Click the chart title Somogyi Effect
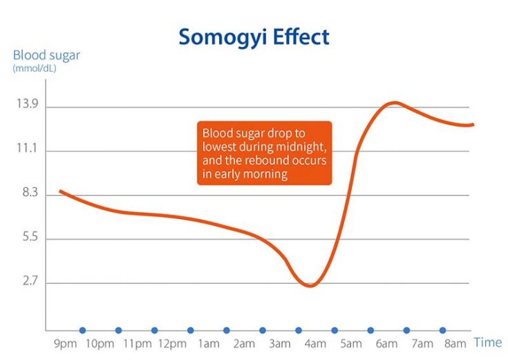[254, 36]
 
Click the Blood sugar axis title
[46, 55]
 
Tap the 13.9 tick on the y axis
[26, 106]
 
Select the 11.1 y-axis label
[26, 151]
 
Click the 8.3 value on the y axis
[26, 195]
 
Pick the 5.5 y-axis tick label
[26, 239]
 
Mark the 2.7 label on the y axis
[26, 283]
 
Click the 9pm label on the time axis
[64, 343]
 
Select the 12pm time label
[172, 343]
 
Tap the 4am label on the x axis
[316, 343]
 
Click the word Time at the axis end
[487, 343]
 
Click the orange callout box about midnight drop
[264, 153]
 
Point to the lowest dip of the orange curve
[310, 285]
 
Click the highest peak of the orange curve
[393, 102]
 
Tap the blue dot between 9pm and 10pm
[82, 330]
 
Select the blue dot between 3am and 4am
[299, 330]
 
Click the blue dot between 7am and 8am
[442, 330]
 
